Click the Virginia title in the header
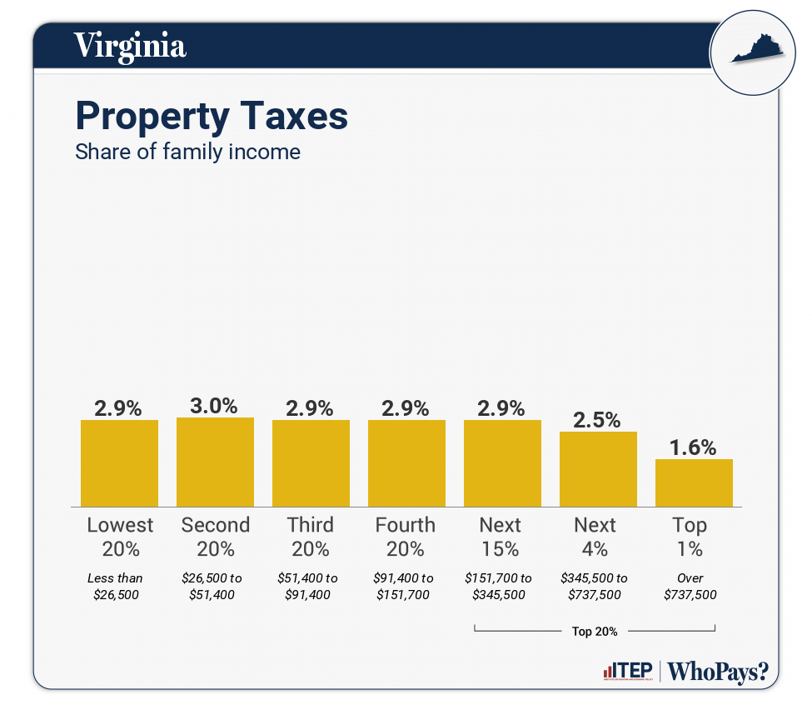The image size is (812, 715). [x=130, y=45]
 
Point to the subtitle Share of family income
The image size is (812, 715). [x=187, y=152]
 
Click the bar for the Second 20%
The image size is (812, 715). [x=215, y=462]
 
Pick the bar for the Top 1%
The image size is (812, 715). [x=694, y=482]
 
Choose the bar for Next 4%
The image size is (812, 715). [x=598, y=468]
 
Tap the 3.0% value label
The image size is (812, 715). [x=215, y=406]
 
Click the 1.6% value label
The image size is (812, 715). [x=694, y=447]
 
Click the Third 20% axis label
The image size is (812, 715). [x=311, y=537]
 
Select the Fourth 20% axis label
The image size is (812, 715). [x=406, y=537]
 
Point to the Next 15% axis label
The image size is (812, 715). [x=501, y=537]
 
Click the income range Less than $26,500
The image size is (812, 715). [x=115, y=586]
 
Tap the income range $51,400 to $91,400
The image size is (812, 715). [x=309, y=586]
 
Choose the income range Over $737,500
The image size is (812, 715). [x=690, y=586]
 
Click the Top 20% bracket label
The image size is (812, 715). [x=595, y=631]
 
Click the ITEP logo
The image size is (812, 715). [x=627, y=672]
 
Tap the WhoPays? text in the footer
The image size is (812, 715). [x=718, y=672]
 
